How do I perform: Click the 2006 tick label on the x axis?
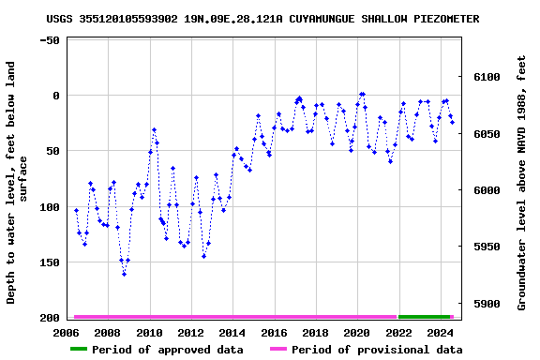tap(67, 332)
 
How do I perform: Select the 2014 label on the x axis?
tap(232, 332)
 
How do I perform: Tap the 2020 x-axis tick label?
tap(356, 332)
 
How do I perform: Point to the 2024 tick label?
tap(439, 332)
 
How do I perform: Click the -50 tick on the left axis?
tap(50, 40)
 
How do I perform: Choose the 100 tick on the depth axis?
tap(49, 207)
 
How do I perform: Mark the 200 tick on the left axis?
tap(49, 318)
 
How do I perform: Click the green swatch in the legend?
tap(79, 350)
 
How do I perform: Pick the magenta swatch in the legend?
tap(277, 350)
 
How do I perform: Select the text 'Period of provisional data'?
tap(376, 350)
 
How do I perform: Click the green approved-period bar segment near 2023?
tap(424, 317)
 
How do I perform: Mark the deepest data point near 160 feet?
tap(124, 274)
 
